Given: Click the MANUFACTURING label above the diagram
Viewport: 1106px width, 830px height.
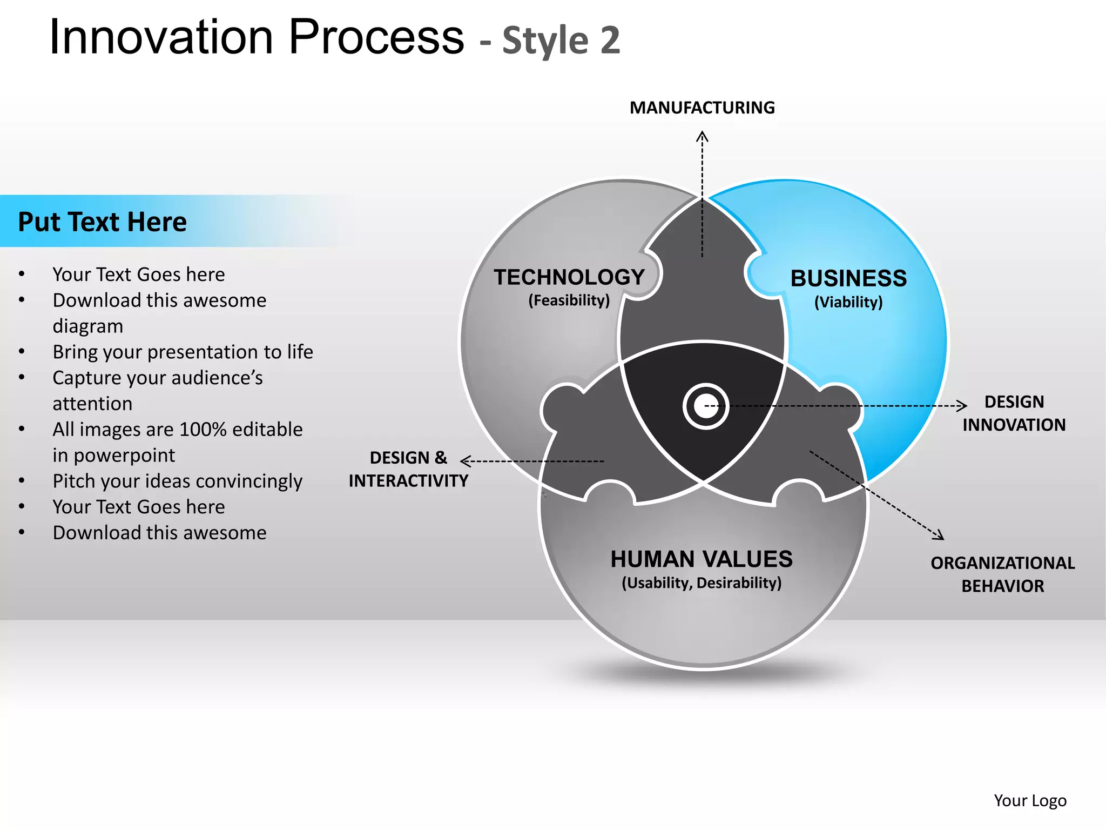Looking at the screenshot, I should (x=702, y=108).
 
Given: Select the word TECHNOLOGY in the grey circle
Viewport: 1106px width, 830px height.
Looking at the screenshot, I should (x=569, y=277).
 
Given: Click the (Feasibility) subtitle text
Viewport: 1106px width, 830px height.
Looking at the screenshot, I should (x=569, y=300).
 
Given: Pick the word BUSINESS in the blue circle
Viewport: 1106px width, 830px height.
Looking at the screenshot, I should (x=848, y=278).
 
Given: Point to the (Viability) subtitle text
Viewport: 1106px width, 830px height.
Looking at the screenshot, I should (x=848, y=302).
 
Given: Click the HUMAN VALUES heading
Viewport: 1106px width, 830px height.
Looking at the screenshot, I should (x=702, y=559).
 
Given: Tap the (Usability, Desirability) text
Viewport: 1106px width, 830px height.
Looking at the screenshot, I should (x=702, y=583).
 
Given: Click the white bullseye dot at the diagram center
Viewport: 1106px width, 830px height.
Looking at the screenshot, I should (x=705, y=406).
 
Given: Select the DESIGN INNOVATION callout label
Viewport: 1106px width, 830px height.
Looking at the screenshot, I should (x=1014, y=413).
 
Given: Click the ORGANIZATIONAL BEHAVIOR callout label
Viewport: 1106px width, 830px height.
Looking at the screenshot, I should (x=1002, y=574).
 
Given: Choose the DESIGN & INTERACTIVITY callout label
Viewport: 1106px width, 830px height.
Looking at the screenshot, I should (x=408, y=469).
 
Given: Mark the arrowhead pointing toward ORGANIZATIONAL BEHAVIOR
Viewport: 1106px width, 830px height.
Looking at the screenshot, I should (x=940, y=536).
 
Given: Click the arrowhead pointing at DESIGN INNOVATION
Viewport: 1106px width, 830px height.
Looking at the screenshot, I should (x=962, y=405).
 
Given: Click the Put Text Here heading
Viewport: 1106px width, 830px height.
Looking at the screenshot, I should (x=103, y=222).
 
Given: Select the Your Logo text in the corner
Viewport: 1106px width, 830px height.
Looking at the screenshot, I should (x=1030, y=800).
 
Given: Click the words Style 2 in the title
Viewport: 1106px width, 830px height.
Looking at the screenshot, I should (x=561, y=41).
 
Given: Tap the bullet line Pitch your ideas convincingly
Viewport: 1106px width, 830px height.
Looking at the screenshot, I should (x=177, y=481).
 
